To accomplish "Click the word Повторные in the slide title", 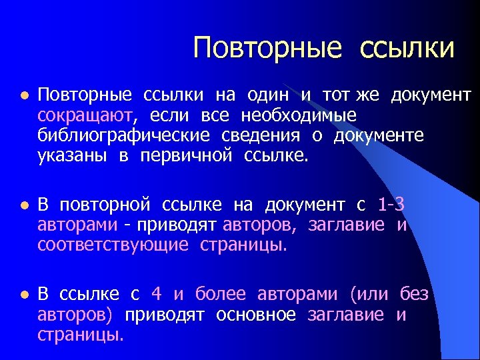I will (267, 48).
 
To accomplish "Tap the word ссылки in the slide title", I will (407, 48).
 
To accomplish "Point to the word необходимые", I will (299, 116).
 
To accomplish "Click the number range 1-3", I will (391, 205).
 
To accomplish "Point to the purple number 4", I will (157, 294).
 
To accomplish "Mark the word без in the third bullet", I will (414, 294).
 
